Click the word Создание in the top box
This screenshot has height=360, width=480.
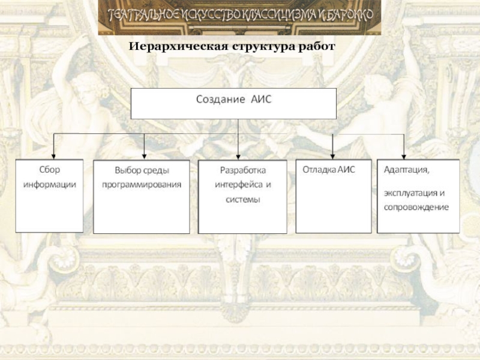click(x=220, y=99)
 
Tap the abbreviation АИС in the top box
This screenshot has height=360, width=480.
click(x=260, y=99)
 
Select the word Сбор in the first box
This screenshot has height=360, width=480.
click(x=50, y=170)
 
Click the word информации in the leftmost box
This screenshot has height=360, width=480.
click(x=50, y=184)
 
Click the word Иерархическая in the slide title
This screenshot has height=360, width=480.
click(x=173, y=46)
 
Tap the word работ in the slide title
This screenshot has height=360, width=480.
click(x=314, y=46)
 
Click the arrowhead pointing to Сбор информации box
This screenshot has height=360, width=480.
click(x=54, y=155)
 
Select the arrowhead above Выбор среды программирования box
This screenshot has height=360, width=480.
click(x=139, y=155)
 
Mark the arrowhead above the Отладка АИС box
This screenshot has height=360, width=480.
click(x=332, y=155)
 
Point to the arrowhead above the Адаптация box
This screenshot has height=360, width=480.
click(x=404, y=155)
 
